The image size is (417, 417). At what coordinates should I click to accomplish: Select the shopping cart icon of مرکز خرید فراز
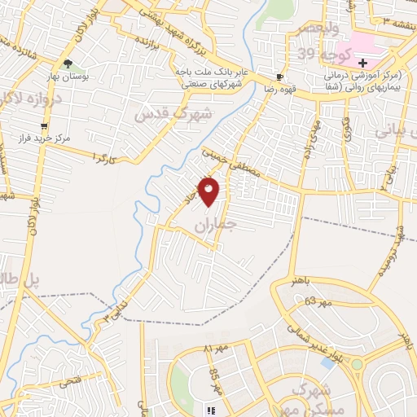point(43,126)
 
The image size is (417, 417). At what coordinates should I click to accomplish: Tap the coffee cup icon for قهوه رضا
point(280,77)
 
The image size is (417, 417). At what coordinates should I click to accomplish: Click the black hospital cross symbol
point(362,64)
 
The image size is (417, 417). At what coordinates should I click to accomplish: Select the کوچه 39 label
point(329,55)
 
